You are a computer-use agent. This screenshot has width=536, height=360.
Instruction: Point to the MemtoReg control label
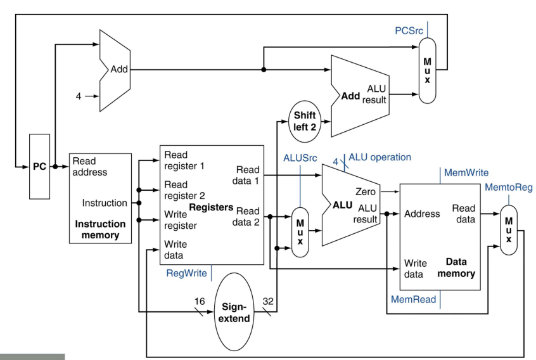[508, 187]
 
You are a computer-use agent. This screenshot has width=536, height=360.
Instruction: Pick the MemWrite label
[467, 172]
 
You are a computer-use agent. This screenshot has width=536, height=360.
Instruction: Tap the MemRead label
[413, 299]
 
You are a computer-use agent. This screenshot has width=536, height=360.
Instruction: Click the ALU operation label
[380, 157]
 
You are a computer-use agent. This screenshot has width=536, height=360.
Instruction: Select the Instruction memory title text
[100, 229]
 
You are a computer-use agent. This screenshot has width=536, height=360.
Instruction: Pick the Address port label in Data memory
[421, 214]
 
